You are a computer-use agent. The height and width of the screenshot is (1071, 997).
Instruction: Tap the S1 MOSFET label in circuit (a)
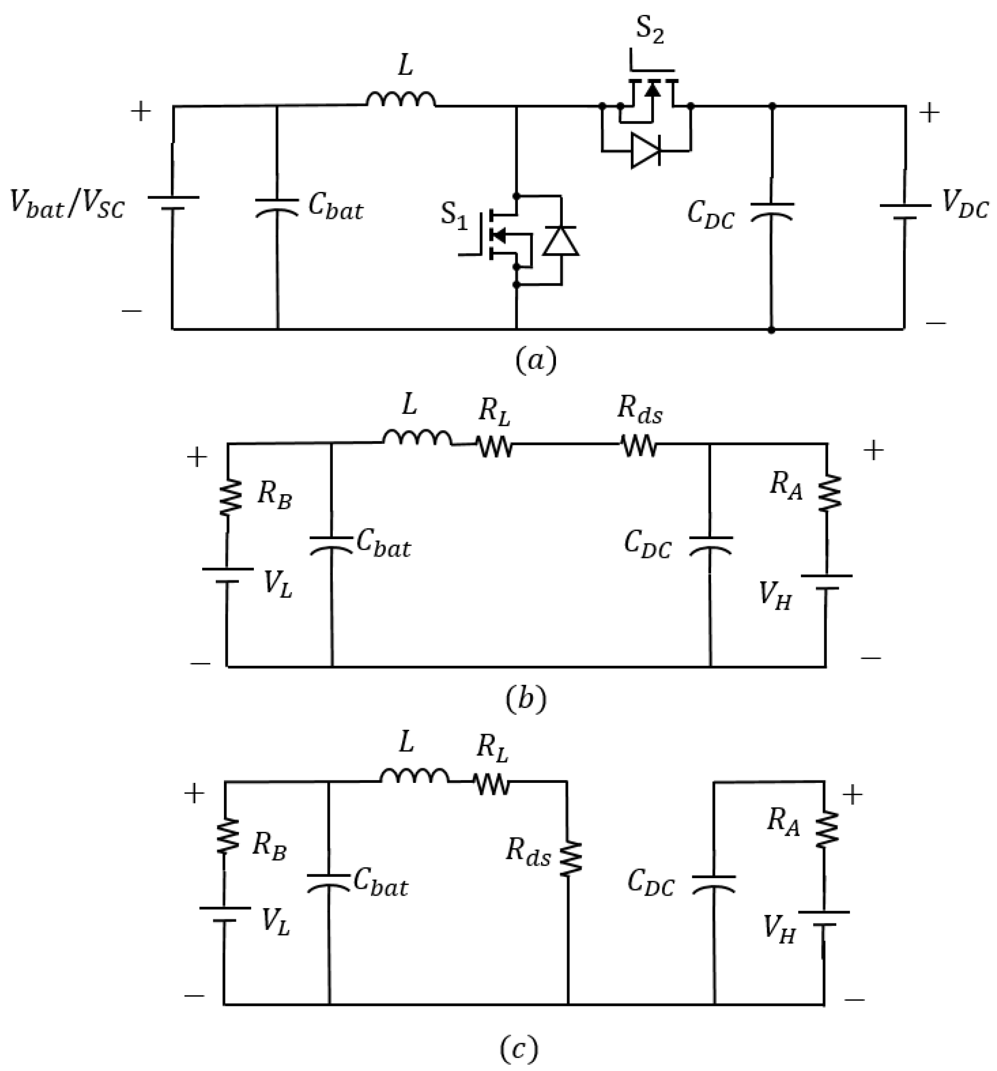click(453, 215)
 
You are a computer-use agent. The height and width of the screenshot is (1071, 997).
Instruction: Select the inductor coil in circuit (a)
click(401, 100)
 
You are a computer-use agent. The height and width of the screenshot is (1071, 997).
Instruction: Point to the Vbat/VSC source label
click(67, 205)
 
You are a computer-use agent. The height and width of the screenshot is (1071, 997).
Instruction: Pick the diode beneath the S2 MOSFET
click(645, 151)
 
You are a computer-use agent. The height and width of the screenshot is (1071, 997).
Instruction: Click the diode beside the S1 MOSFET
click(560, 241)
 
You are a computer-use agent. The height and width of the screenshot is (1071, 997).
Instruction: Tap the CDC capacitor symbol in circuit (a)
click(771, 211)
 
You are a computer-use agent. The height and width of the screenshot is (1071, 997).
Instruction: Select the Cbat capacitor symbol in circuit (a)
click(277, 207)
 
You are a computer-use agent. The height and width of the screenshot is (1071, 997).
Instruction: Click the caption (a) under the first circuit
click(535, 360)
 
